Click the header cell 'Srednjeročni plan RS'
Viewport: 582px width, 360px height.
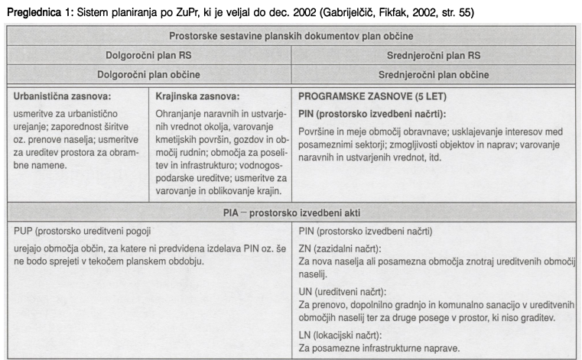(434, 56)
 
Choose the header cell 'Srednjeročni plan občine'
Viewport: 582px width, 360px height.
(434, 75)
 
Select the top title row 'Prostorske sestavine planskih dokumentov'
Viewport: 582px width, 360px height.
(292, 37)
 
